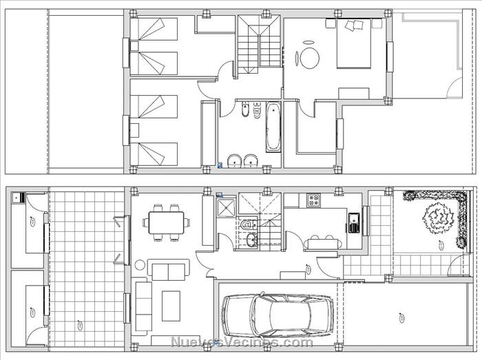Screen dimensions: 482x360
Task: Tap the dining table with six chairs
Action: pyautogui.click(x=166, y=223)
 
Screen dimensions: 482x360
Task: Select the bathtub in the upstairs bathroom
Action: pyautogui.click(x=273, y=127)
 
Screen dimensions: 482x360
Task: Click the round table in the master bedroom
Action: pyautogui.click(x=310, y=58)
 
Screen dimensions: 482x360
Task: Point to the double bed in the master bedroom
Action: pyautogui.click(x=354, y=43)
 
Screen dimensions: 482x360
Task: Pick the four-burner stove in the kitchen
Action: pyautogui.click(x=314, y=200)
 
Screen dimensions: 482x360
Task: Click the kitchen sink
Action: pyautogui.click(x=354, y=222)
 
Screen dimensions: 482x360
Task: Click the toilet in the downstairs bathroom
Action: pyautogui.click(x=247, y=225)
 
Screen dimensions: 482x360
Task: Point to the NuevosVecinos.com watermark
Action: pyautogui.click(x=241, y=341)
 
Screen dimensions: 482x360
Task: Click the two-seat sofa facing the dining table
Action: pyautogui.click(x=168, y=269)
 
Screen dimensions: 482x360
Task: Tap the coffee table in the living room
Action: pyautogui.click(x=171, y=306)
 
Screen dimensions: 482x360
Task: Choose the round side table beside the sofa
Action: pyautogui.click(x=140, y=265)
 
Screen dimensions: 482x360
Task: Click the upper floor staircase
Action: pyautogui.click(x=259, y=44)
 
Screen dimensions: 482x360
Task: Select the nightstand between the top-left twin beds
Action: pyautogui.click(x=134, y=46)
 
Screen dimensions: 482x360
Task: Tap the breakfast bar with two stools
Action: pyautogui.click(x=323, y=244)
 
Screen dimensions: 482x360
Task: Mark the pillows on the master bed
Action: pyautogui.click(x=354, y=25)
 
